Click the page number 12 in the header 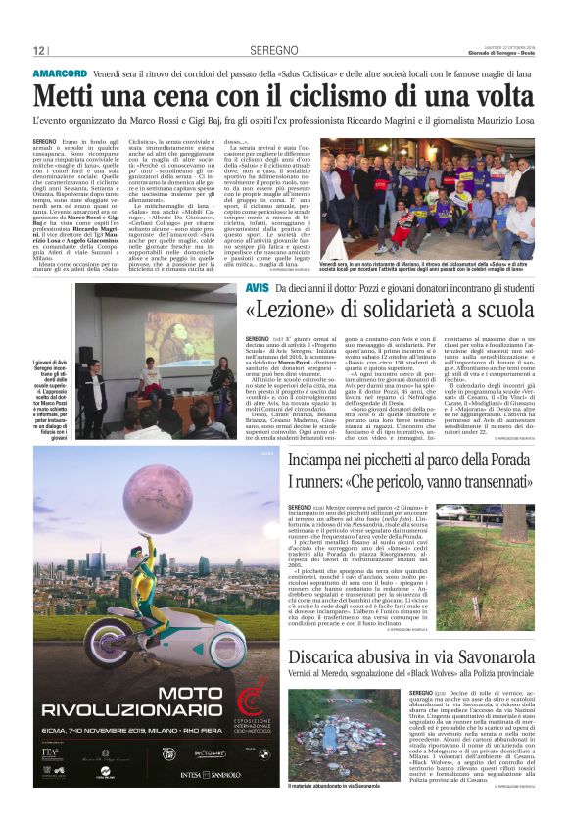[x=39, y=50]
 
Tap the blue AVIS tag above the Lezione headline [x=256, y=288]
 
